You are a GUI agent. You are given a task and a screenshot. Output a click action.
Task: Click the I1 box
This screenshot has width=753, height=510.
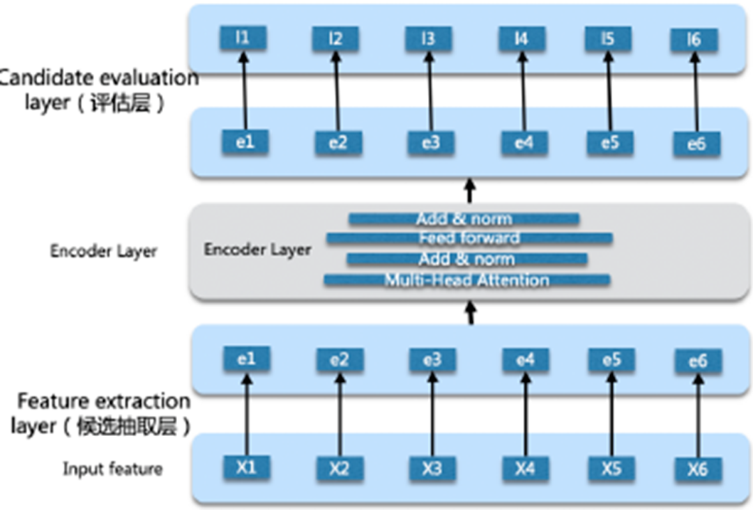242,38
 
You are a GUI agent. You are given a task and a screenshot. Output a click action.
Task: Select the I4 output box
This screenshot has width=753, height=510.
522,39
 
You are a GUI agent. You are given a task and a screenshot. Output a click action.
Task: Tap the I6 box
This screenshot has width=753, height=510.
694,40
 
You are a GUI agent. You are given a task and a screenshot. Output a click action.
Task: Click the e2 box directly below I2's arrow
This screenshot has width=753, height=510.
338,142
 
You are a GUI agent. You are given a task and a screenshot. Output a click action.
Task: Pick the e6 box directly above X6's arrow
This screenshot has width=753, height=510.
697,360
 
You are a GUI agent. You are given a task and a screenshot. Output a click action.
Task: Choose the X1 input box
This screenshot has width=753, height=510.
246,467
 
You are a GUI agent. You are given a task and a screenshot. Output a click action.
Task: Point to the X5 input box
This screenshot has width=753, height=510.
611,468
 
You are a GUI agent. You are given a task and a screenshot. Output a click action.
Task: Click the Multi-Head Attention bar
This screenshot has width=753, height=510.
467,280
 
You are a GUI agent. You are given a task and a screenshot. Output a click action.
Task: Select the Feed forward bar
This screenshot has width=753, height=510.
469,238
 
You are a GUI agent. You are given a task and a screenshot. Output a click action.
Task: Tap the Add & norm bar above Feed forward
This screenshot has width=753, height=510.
464,219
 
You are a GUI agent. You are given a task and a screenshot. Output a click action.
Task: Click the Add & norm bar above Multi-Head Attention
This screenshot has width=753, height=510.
466,259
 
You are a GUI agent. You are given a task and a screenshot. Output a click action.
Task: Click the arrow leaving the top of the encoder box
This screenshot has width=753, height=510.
470,190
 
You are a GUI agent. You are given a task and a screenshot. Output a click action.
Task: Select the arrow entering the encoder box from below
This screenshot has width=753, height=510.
470,311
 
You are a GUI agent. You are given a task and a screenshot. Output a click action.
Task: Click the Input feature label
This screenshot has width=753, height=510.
112,469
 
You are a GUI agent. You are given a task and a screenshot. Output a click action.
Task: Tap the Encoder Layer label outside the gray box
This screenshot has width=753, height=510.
103,251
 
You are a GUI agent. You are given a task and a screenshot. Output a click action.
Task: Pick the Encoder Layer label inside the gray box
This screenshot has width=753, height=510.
257,249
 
